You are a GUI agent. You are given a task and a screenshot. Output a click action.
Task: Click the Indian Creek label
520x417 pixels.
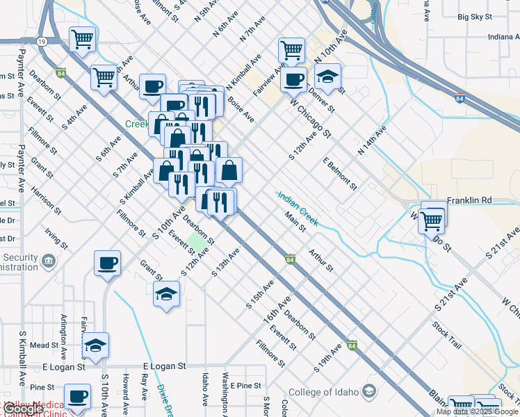tap(298, 208)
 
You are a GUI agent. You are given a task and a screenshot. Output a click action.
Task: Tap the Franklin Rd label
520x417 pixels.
tap(469, 200)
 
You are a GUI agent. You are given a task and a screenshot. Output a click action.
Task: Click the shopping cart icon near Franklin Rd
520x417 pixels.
tap(432, 221)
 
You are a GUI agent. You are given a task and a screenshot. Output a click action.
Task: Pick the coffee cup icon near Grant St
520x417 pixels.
tap(108, 263)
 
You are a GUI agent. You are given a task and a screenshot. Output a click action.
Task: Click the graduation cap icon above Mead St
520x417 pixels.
tap(96, 345)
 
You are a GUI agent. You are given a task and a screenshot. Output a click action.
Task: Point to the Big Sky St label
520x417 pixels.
tap(475, 16)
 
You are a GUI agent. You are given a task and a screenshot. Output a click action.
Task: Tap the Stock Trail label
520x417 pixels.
tap(446, 334)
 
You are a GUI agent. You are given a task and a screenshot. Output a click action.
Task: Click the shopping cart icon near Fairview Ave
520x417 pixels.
tap(291, 49)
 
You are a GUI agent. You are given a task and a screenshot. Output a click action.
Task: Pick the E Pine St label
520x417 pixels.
tap(246, 385)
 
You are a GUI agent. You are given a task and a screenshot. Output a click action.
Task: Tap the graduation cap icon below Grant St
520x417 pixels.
tap(167, 295)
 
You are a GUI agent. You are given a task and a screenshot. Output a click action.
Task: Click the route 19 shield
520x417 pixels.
tap(42, 42)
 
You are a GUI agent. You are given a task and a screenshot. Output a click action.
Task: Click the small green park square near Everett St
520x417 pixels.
tap(197, 245)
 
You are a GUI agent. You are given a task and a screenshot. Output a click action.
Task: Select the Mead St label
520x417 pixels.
tap(44, 345)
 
